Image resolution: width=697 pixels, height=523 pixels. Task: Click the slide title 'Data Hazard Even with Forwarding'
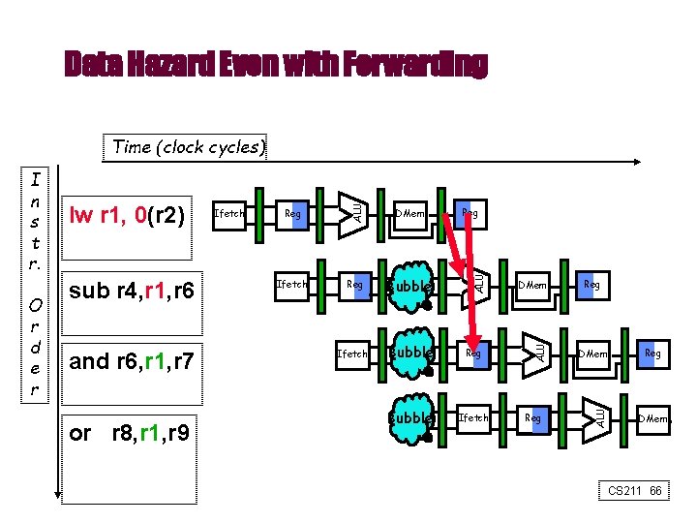point(276,65)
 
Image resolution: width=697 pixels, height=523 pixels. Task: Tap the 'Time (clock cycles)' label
point(186,147)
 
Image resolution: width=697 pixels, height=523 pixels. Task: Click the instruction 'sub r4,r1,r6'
point(133,291)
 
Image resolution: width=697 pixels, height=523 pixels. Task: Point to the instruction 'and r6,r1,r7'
point(133,362)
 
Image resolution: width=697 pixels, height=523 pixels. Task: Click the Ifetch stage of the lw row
point(228,213)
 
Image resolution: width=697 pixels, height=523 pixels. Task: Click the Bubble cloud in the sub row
point(409,286)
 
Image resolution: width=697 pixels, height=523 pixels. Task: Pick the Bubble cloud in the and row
point(409,354)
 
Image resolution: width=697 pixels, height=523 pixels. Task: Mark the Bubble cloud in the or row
point(409,418)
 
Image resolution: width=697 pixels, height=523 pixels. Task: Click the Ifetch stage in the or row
point(473,417)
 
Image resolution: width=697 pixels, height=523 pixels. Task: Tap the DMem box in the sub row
point(532,286)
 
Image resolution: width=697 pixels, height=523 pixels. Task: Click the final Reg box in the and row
point(653,354)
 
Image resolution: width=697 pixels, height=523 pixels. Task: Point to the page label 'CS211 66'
point(635,491)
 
